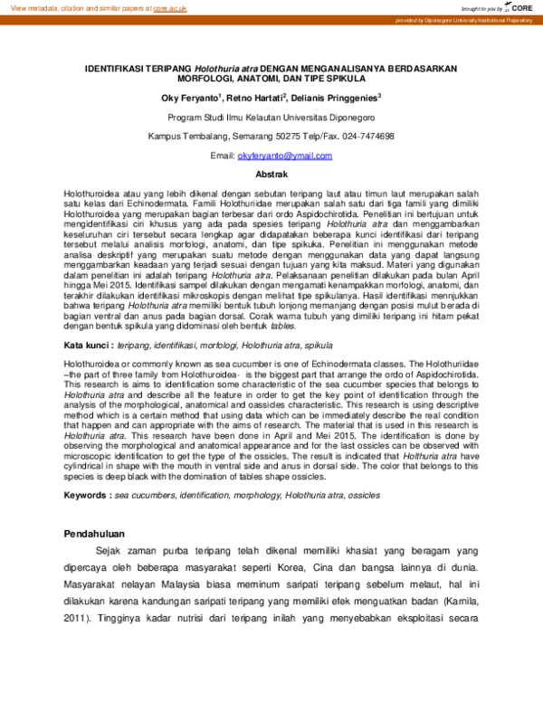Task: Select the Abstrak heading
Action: tap(271, 174)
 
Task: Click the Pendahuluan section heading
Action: tap(94, 534)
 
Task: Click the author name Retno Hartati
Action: tap(260, 98)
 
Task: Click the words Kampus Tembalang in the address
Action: tap(182, 136)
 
